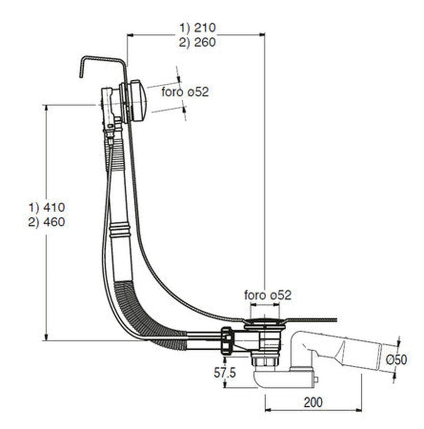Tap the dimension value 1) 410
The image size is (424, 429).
coord(47,207)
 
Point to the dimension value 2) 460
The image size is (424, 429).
coord(47,222)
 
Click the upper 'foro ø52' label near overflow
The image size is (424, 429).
coord(185,92)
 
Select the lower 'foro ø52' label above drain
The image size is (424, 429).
coord(268,295)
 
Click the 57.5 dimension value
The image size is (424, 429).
coord(225,373)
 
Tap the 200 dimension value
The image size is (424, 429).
coord(313,402)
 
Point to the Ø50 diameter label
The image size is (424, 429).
coord(396,360)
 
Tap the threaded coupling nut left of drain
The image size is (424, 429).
coord(227,339)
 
